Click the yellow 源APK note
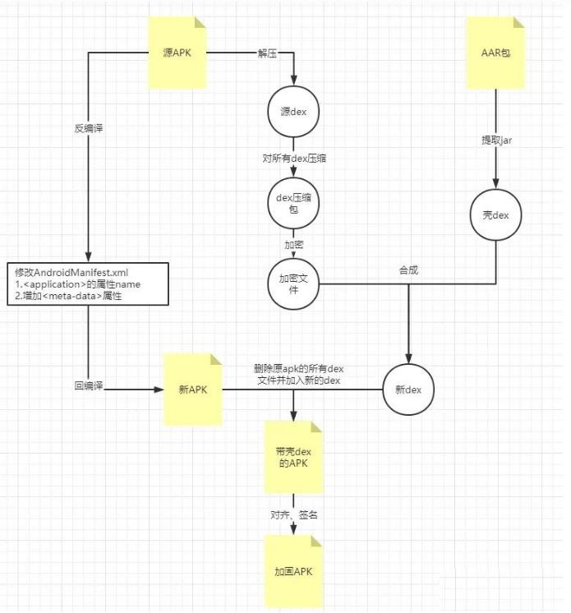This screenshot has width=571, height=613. (177, 53)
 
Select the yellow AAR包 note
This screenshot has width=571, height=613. (495, 53)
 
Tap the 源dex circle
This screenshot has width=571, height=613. (293, 112)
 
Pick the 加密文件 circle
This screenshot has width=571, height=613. (293, 284)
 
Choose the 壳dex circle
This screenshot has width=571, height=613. (495, 214)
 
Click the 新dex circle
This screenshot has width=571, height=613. (408, 389)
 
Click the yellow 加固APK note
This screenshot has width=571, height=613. (293, 571)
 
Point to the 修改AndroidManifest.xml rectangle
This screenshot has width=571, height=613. (88, 284)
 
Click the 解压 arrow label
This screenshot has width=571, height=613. (267, 53)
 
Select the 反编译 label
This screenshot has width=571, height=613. (88, 127)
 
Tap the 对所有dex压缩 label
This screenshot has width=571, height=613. (293, 158)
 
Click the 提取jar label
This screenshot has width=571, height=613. (495, 140)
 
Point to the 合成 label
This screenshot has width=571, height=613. (408, 270)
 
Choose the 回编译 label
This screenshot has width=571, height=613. (88, 385)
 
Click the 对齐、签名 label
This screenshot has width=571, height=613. (293, 514)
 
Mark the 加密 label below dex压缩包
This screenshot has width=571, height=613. (293, 245)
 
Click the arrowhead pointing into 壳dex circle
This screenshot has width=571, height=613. (495, 184)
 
